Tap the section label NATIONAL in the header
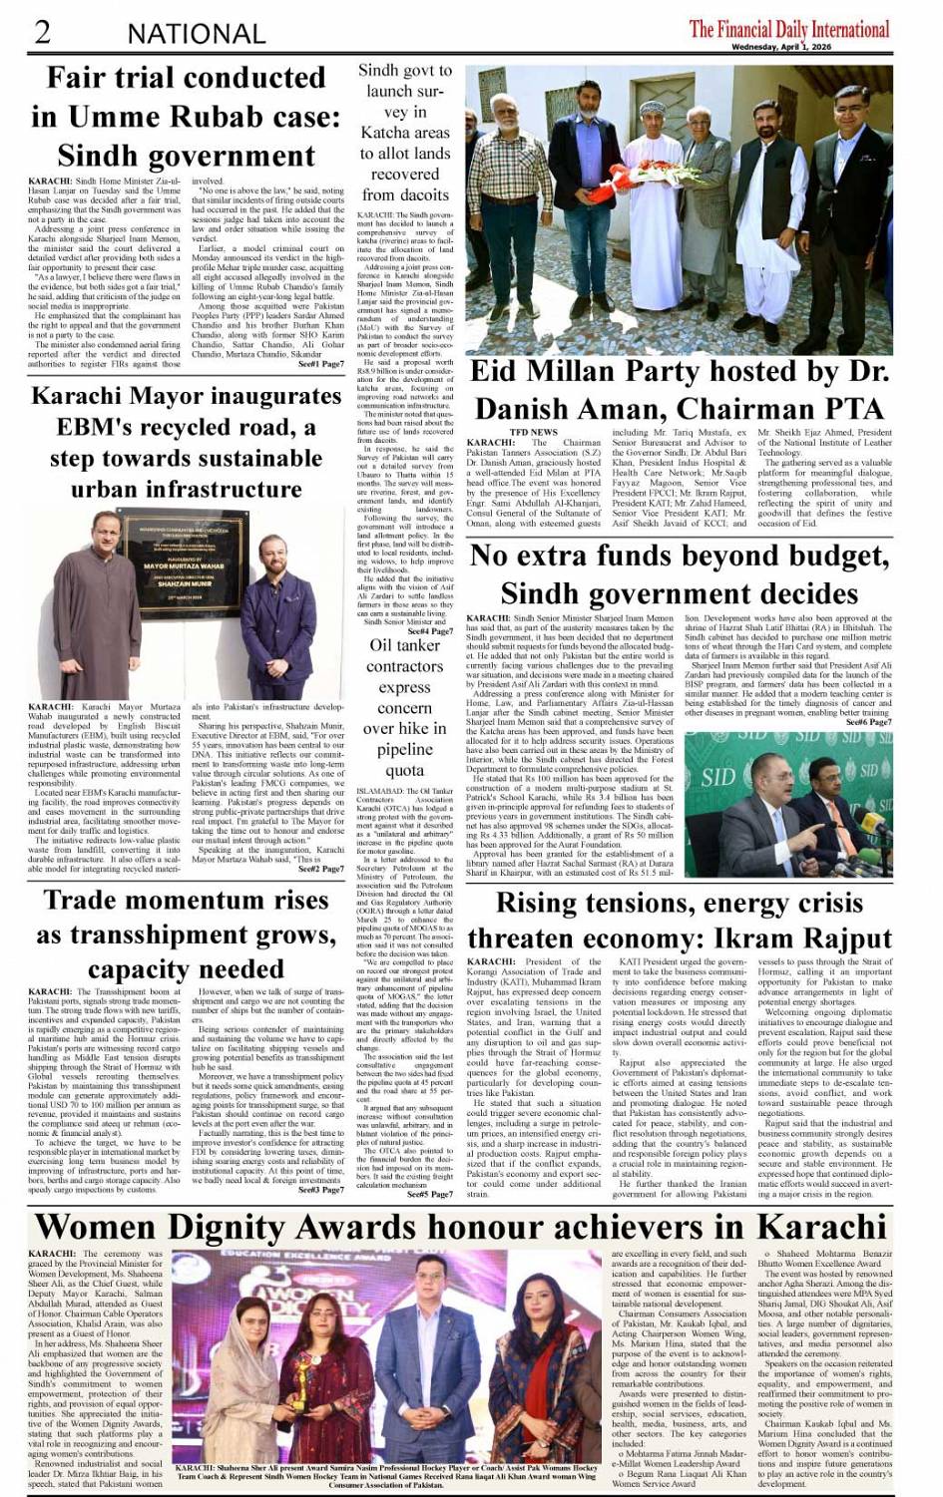tap(196, 34)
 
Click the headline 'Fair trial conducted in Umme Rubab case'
tap(186, 117)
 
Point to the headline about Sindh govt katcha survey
tap(404, 133)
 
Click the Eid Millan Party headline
tap(679, 390)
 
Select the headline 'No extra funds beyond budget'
tap(679, 573)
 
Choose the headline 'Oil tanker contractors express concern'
tap(404, 707)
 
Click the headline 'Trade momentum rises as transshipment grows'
tap(186, 934)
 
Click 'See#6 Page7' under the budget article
tap(871, 721)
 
